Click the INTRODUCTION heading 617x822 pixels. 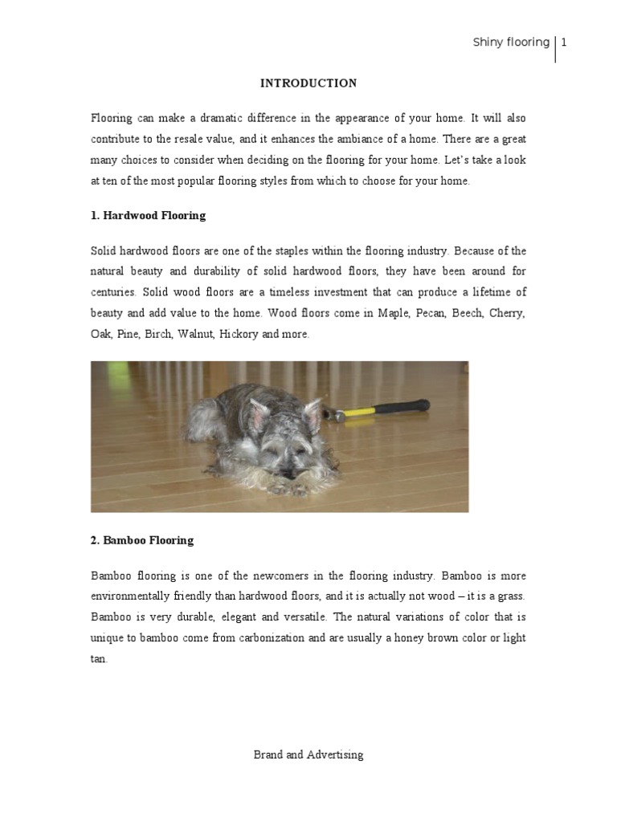tap(308, 83)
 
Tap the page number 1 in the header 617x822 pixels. tap(564, 43)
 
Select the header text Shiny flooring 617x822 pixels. tap(511, 43)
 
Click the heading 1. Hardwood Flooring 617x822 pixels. tap(148, 215)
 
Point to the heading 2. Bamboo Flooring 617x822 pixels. tap(142, 540)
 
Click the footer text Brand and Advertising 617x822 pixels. tap(308, 755)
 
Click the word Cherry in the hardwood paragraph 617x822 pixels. tap(506, 313)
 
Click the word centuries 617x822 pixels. tap(113, 292)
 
